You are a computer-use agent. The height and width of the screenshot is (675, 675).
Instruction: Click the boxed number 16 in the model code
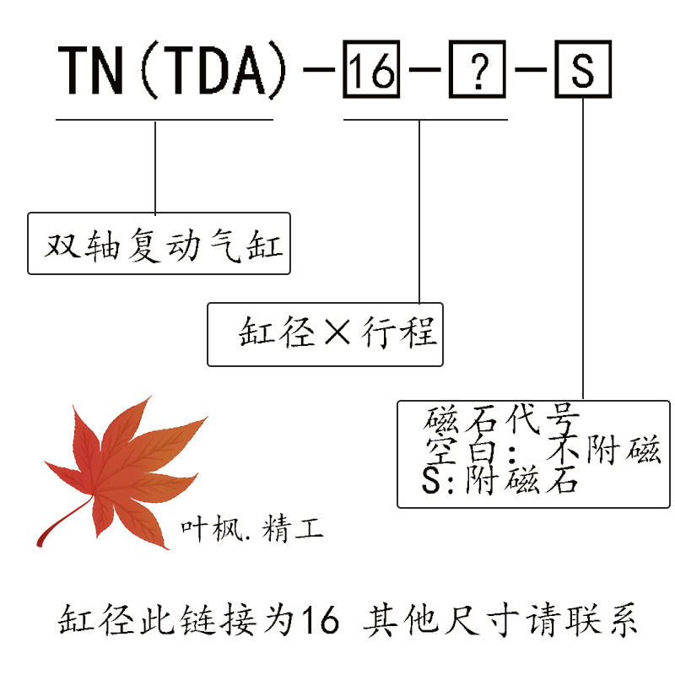click(371, 73)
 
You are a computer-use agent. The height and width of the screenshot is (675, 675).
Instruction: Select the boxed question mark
click(478, 73)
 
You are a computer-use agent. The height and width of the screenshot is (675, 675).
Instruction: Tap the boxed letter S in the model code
click(583, 73)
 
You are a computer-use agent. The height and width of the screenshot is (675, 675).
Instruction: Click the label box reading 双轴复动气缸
click(159, 244)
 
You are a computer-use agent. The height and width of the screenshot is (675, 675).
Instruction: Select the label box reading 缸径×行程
click(326, 334)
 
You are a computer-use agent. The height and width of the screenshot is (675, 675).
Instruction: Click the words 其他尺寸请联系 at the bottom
click(498, 622)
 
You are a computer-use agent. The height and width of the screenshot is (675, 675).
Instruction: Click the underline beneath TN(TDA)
click(165, 120)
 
